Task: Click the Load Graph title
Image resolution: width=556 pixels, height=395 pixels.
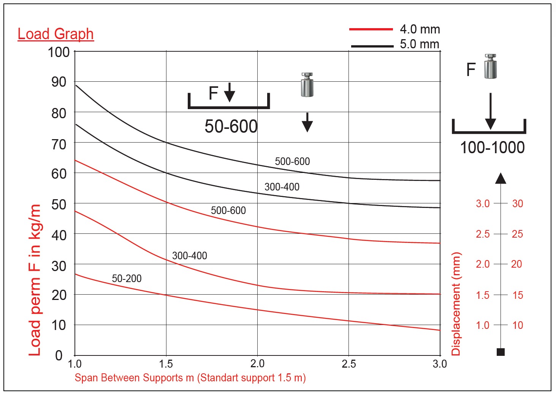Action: pos(55,34)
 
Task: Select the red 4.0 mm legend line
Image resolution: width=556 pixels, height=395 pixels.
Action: pos(371,29)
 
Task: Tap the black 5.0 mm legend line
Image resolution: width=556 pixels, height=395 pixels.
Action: pos(372,46)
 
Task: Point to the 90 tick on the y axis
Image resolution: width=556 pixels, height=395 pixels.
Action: pos(59,82)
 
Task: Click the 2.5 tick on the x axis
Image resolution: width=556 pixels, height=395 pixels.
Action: pos(348,364)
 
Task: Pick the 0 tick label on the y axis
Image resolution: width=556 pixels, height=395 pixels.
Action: pos(59,355)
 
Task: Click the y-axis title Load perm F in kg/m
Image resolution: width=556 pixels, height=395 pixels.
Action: pos(35,280)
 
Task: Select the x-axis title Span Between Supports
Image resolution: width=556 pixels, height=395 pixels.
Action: pos(190,378)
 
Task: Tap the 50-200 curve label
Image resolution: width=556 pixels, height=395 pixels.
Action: pos(127,279)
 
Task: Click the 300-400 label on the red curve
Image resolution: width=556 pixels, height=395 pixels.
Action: pos(190,256)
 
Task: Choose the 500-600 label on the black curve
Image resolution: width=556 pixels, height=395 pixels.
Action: pos(292,162)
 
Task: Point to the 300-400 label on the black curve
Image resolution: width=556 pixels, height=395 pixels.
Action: pos(282,187)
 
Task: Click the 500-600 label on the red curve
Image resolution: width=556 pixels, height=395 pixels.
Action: pos(228,211)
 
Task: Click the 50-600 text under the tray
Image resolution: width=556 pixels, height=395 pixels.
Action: pos(231,126)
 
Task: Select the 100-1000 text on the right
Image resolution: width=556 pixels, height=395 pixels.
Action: pos(492,148)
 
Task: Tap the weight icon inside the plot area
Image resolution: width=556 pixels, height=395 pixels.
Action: pos(307,85)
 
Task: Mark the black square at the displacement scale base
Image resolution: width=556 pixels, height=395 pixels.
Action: pos(501,352)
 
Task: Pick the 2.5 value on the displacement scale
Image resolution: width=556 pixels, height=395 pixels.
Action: pos(483,234)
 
